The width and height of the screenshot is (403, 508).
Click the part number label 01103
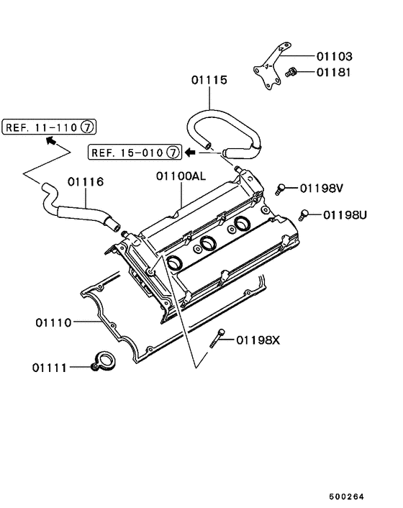click(x=335, y=56)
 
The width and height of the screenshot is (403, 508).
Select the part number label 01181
click(x=335, y=72)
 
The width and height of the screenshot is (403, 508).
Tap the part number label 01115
click(x=209, y=81)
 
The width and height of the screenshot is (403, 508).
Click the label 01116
click(x=86, y=182)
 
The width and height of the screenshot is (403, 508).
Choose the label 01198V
click(x=322, y=189)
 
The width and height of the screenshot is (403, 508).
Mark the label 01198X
click(x=258, y=340)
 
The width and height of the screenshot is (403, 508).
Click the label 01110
click(x=52, y=322)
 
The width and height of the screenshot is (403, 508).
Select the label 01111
click(x=49, y=367)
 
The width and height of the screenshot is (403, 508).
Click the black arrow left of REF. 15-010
click(x=191, y=152)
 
